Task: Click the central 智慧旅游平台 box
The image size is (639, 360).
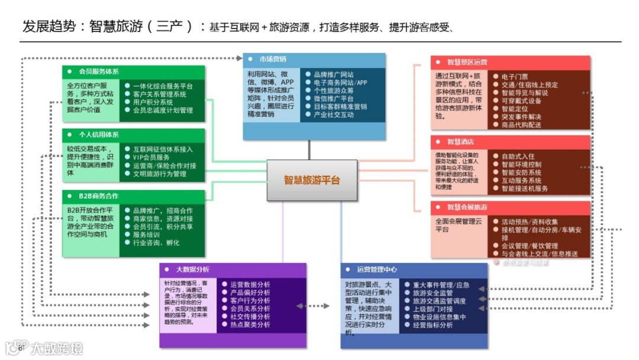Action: tap(312, 180)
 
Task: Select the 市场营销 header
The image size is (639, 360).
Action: tap(273, 59)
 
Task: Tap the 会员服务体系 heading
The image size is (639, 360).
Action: tap(98, 72)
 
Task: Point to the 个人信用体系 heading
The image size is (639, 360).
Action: tap(98, 135)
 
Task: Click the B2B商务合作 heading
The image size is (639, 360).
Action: tap(98, 196)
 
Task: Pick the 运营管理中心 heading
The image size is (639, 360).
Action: tap(377, 269)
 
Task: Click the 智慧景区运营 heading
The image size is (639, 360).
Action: tap(467, 62)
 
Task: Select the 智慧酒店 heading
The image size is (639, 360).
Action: tap(460, 142)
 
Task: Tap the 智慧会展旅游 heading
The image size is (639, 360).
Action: tap(467, 207)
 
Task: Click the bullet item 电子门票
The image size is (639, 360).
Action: tap(514, 77)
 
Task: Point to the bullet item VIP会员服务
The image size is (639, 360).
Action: tap(151, 157)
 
